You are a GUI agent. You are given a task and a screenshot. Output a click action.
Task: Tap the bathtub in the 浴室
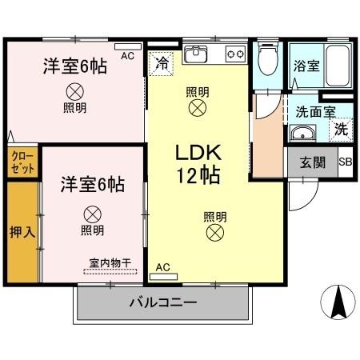pyautogui.click(x=338, y=66)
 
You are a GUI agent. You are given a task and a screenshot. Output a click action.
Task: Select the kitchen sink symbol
pyautogui.click(x=196, y=54)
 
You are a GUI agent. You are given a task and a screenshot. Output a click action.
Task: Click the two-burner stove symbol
pyautogui.click(x=235, y=54)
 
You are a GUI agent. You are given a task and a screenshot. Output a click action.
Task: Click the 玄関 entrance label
pyautogui.click(x=312, y=162)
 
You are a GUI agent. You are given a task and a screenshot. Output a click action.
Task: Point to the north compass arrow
pyautogui.click(x=337, y=302)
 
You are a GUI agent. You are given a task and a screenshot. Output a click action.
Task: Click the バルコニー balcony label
pyautogui.click(x=163, y=303)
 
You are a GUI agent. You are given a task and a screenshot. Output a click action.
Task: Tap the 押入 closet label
pyautogui.click(x=21, y=232)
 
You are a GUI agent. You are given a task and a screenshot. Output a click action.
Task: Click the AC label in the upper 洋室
pyautogui.click(x=127, y=56)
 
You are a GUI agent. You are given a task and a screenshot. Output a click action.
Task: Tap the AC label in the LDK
pyautogui.click(x=162, y=267)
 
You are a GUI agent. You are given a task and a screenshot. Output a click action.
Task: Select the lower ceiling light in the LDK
pyautogui.click(x=214, y=233)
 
